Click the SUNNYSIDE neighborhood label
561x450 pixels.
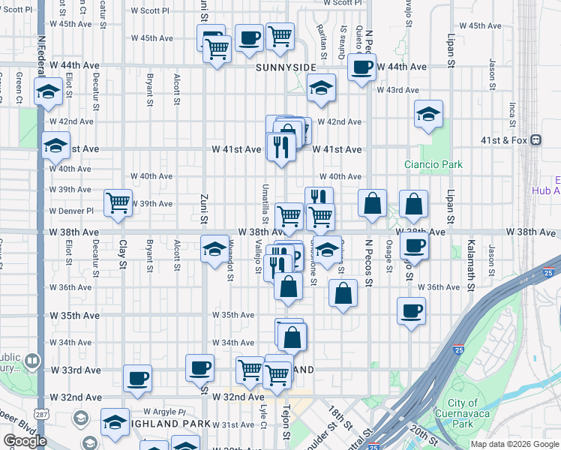(x=286, y=67)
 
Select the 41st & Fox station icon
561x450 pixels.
(x=536, y=140)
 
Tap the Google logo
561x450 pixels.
(x=25, y=441)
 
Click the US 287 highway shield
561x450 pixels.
(x=42, y=414)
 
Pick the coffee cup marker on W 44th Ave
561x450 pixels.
(x=361, y=67)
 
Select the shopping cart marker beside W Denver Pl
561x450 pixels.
(x=118, y=202)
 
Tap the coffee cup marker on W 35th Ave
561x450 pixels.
(x=411, y=310)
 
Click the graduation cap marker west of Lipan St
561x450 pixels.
(x=428, y=115)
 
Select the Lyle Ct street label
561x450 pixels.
(x=263, y=414)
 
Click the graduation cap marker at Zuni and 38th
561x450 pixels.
(x=214, y=247)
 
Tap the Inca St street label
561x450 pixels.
(x=513, y=114)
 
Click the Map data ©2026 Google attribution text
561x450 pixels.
(x=514, y=444)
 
